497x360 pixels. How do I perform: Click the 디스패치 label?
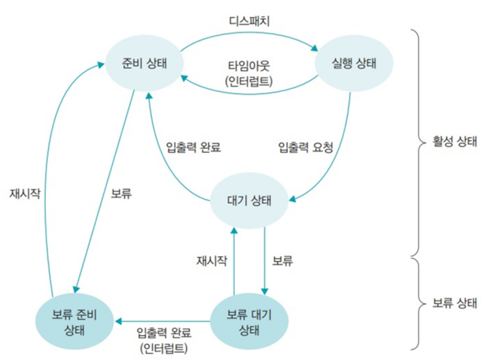coord(249,22)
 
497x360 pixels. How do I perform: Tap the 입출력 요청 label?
coord(306,147)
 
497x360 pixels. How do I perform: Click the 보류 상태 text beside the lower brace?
coord(455,303)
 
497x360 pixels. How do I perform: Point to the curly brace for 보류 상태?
coord(417,303)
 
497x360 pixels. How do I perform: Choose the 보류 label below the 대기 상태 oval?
coord(282,261)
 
